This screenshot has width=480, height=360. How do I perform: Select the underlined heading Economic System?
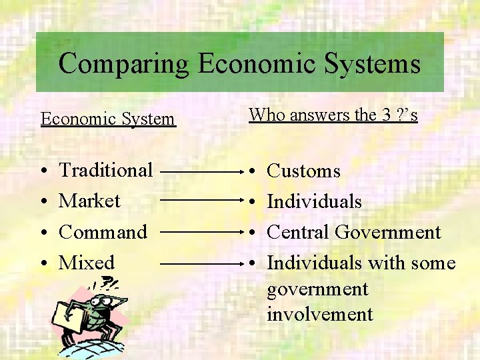[x=108, y=119]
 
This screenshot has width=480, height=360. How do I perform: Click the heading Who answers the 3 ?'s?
[x=333, y=115]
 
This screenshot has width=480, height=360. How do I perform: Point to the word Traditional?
[x=106, y=170]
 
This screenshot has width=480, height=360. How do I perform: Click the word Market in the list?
[x=89, y=201]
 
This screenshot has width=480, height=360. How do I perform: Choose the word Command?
[x=103, y=232]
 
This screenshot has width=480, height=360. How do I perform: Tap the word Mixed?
[x=87, y=263]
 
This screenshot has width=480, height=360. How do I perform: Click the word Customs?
[x=303, y=171]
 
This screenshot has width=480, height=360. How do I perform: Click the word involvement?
[x=320, y=314]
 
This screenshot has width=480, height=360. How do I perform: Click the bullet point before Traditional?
[x=43, y=171]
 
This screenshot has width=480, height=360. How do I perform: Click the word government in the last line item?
[x=317, y=289]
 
